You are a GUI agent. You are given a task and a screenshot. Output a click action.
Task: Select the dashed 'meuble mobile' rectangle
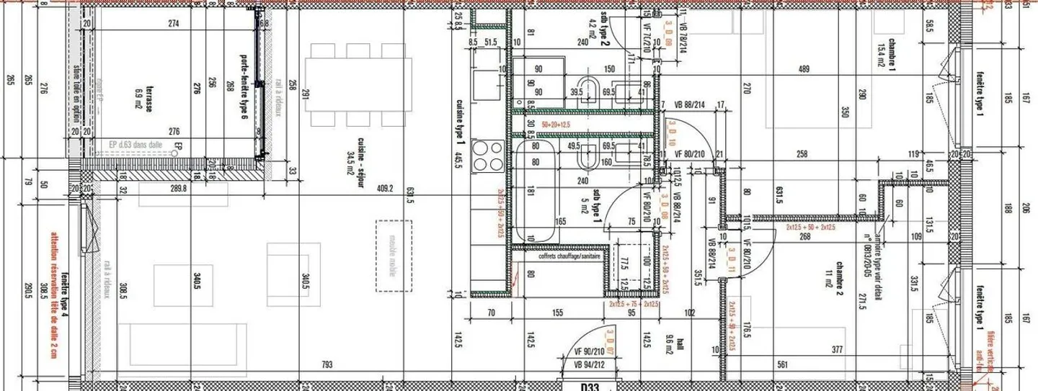394,256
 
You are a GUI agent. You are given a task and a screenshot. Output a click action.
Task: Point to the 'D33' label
590,387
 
